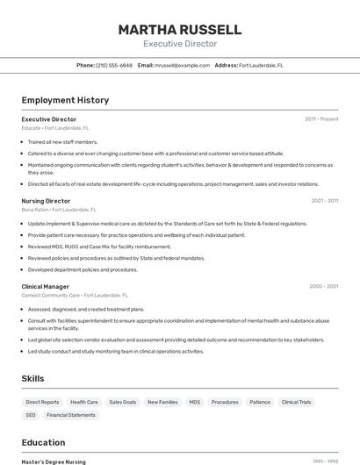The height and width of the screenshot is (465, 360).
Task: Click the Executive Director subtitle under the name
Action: click(179, 44)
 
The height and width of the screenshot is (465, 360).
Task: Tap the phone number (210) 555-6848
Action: click(114, 66)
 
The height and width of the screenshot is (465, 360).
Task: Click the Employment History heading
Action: click(65, 100)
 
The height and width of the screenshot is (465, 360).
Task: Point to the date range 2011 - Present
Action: click(321, 119)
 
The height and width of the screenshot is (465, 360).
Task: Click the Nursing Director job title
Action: click(46, 201)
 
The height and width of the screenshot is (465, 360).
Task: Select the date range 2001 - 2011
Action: click(324, 201)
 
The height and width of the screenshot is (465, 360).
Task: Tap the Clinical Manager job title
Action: click(45, 286)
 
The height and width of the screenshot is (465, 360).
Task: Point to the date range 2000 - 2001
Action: click(324, 286)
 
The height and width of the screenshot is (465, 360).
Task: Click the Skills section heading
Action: click(33, 378)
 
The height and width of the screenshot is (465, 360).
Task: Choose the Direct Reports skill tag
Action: click(43, 402)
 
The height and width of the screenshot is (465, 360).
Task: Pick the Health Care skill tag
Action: click(84, 402)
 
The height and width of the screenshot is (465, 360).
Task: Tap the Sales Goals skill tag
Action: click(123, 402)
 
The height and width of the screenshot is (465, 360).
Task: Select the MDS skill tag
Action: click(194, 402)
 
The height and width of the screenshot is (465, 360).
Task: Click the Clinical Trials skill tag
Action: click(296, 402)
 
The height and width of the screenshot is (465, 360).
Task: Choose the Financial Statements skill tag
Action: click(71, 415)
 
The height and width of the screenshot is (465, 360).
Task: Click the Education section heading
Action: click(43, 442)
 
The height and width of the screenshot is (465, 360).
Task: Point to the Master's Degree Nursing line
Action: click(54, 461)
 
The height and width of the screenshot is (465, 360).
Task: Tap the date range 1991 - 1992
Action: click(326, 461)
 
